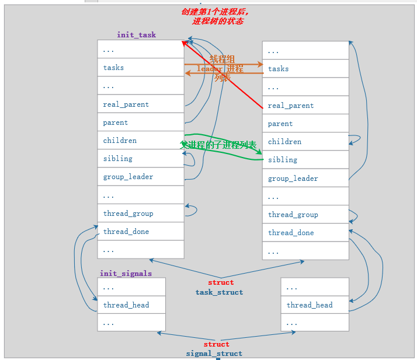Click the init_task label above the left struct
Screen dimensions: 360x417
(136, 35)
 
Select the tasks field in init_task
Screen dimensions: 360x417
(114, 68)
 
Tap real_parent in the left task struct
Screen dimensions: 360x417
(126, 104)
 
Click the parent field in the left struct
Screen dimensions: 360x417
(116, 123)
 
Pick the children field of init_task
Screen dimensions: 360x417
(120, 141)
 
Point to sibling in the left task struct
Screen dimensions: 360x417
(118, 159)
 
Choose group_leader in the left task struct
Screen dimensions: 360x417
(128, 177)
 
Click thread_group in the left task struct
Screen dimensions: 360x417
(128, 214)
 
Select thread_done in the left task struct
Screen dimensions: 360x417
(126, 232)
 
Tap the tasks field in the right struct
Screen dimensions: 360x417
(279, 69)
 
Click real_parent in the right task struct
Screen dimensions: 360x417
(291, 106)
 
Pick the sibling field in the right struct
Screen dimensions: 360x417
(283, 160)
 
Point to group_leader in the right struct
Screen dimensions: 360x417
(293, 179)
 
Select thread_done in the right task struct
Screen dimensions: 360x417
(291, 233)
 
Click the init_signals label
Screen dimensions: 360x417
(126, 273)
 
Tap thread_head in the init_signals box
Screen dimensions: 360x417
(126, 305)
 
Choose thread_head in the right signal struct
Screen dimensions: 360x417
(310, 305)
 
